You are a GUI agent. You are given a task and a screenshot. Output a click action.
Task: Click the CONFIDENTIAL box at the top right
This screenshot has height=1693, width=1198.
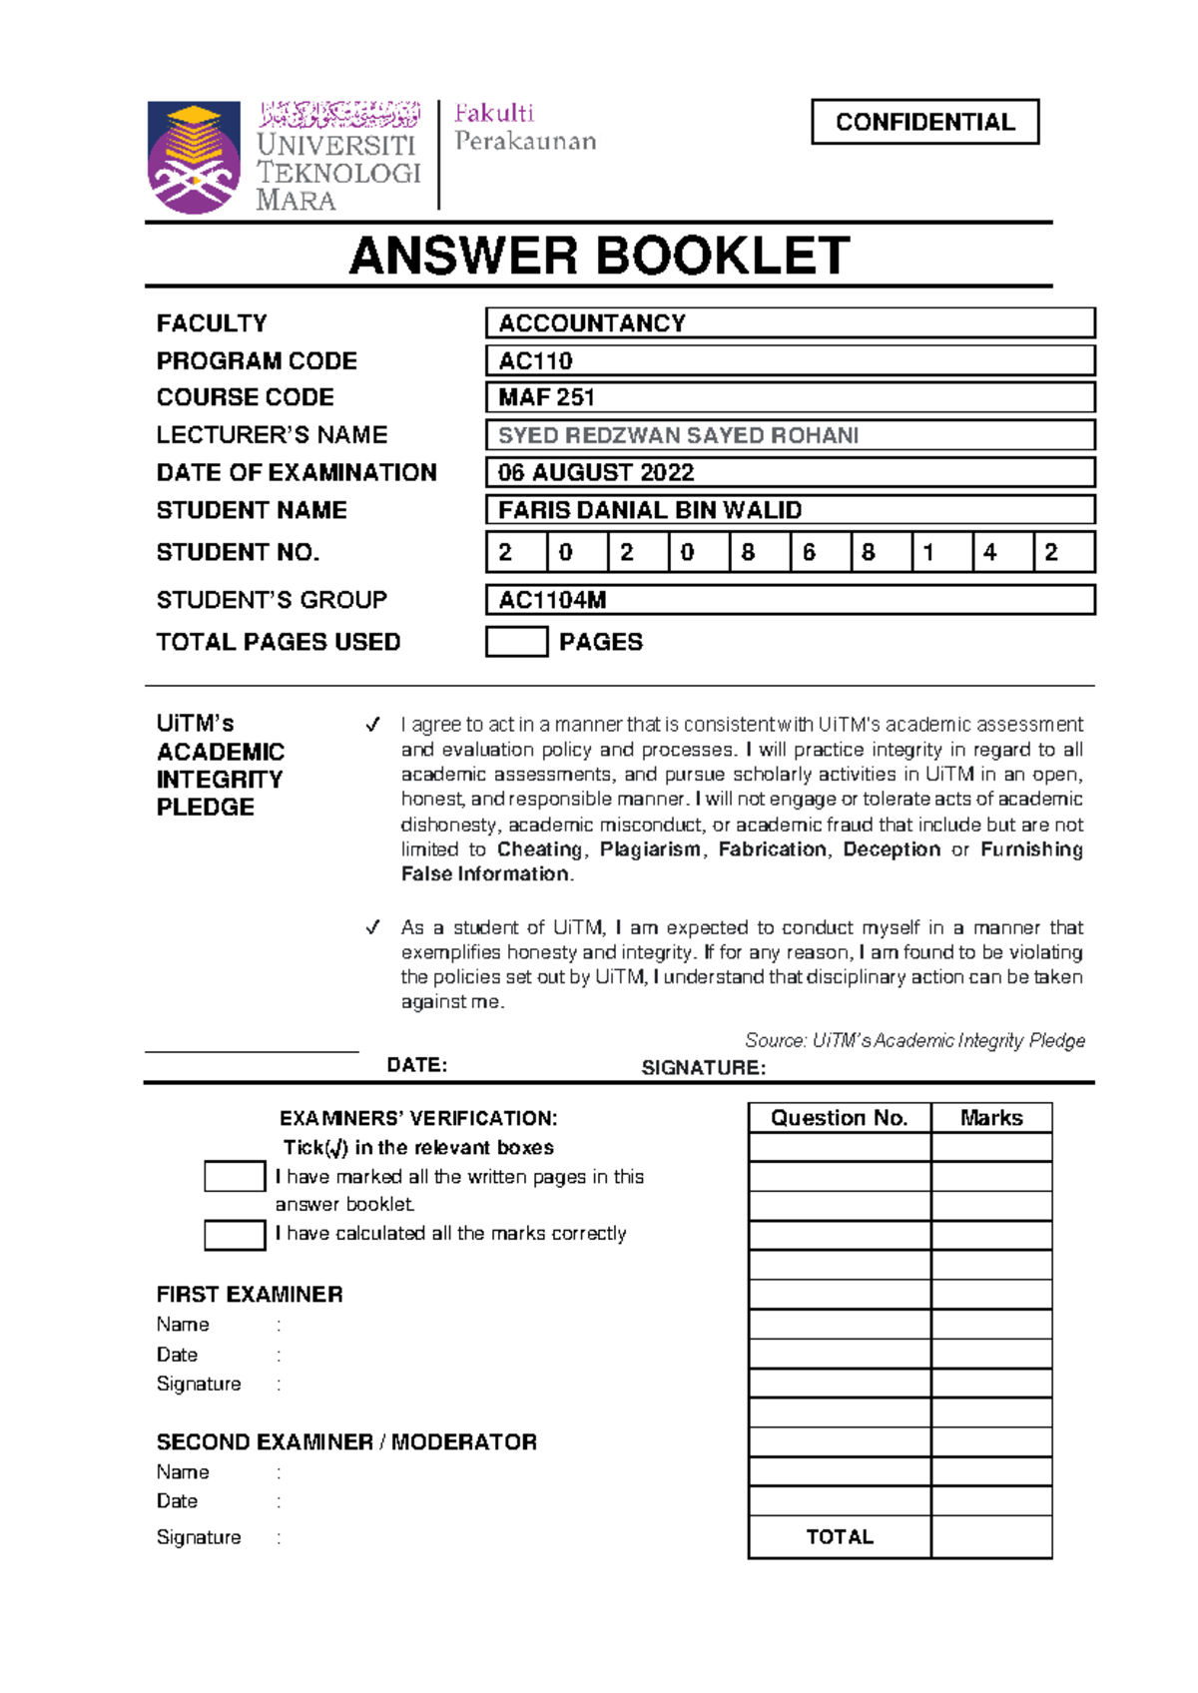924,122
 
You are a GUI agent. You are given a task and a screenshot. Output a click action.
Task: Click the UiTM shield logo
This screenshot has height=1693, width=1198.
194,158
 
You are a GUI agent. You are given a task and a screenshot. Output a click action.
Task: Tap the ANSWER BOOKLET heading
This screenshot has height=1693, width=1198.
599,256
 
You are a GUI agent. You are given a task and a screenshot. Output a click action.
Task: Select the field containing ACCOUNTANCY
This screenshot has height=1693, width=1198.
790,323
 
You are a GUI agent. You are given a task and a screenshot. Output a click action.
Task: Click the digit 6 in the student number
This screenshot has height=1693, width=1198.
810,552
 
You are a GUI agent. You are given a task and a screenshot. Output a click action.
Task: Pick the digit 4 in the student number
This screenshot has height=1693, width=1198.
990,552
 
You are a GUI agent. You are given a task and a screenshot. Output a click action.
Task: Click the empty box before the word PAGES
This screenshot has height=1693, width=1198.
516,642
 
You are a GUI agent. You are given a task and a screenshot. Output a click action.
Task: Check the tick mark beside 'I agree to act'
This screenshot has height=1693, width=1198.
372,725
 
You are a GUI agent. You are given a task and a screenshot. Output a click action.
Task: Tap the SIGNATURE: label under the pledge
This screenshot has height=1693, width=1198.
704,1068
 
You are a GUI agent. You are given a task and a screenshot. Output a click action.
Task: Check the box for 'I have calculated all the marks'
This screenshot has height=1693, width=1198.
235,1235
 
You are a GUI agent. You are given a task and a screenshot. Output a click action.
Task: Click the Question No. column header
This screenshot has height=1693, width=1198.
840,1118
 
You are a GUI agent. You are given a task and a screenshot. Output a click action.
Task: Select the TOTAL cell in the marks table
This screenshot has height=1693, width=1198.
840,1537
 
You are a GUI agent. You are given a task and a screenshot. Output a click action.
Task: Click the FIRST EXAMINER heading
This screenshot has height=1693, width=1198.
250,1295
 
